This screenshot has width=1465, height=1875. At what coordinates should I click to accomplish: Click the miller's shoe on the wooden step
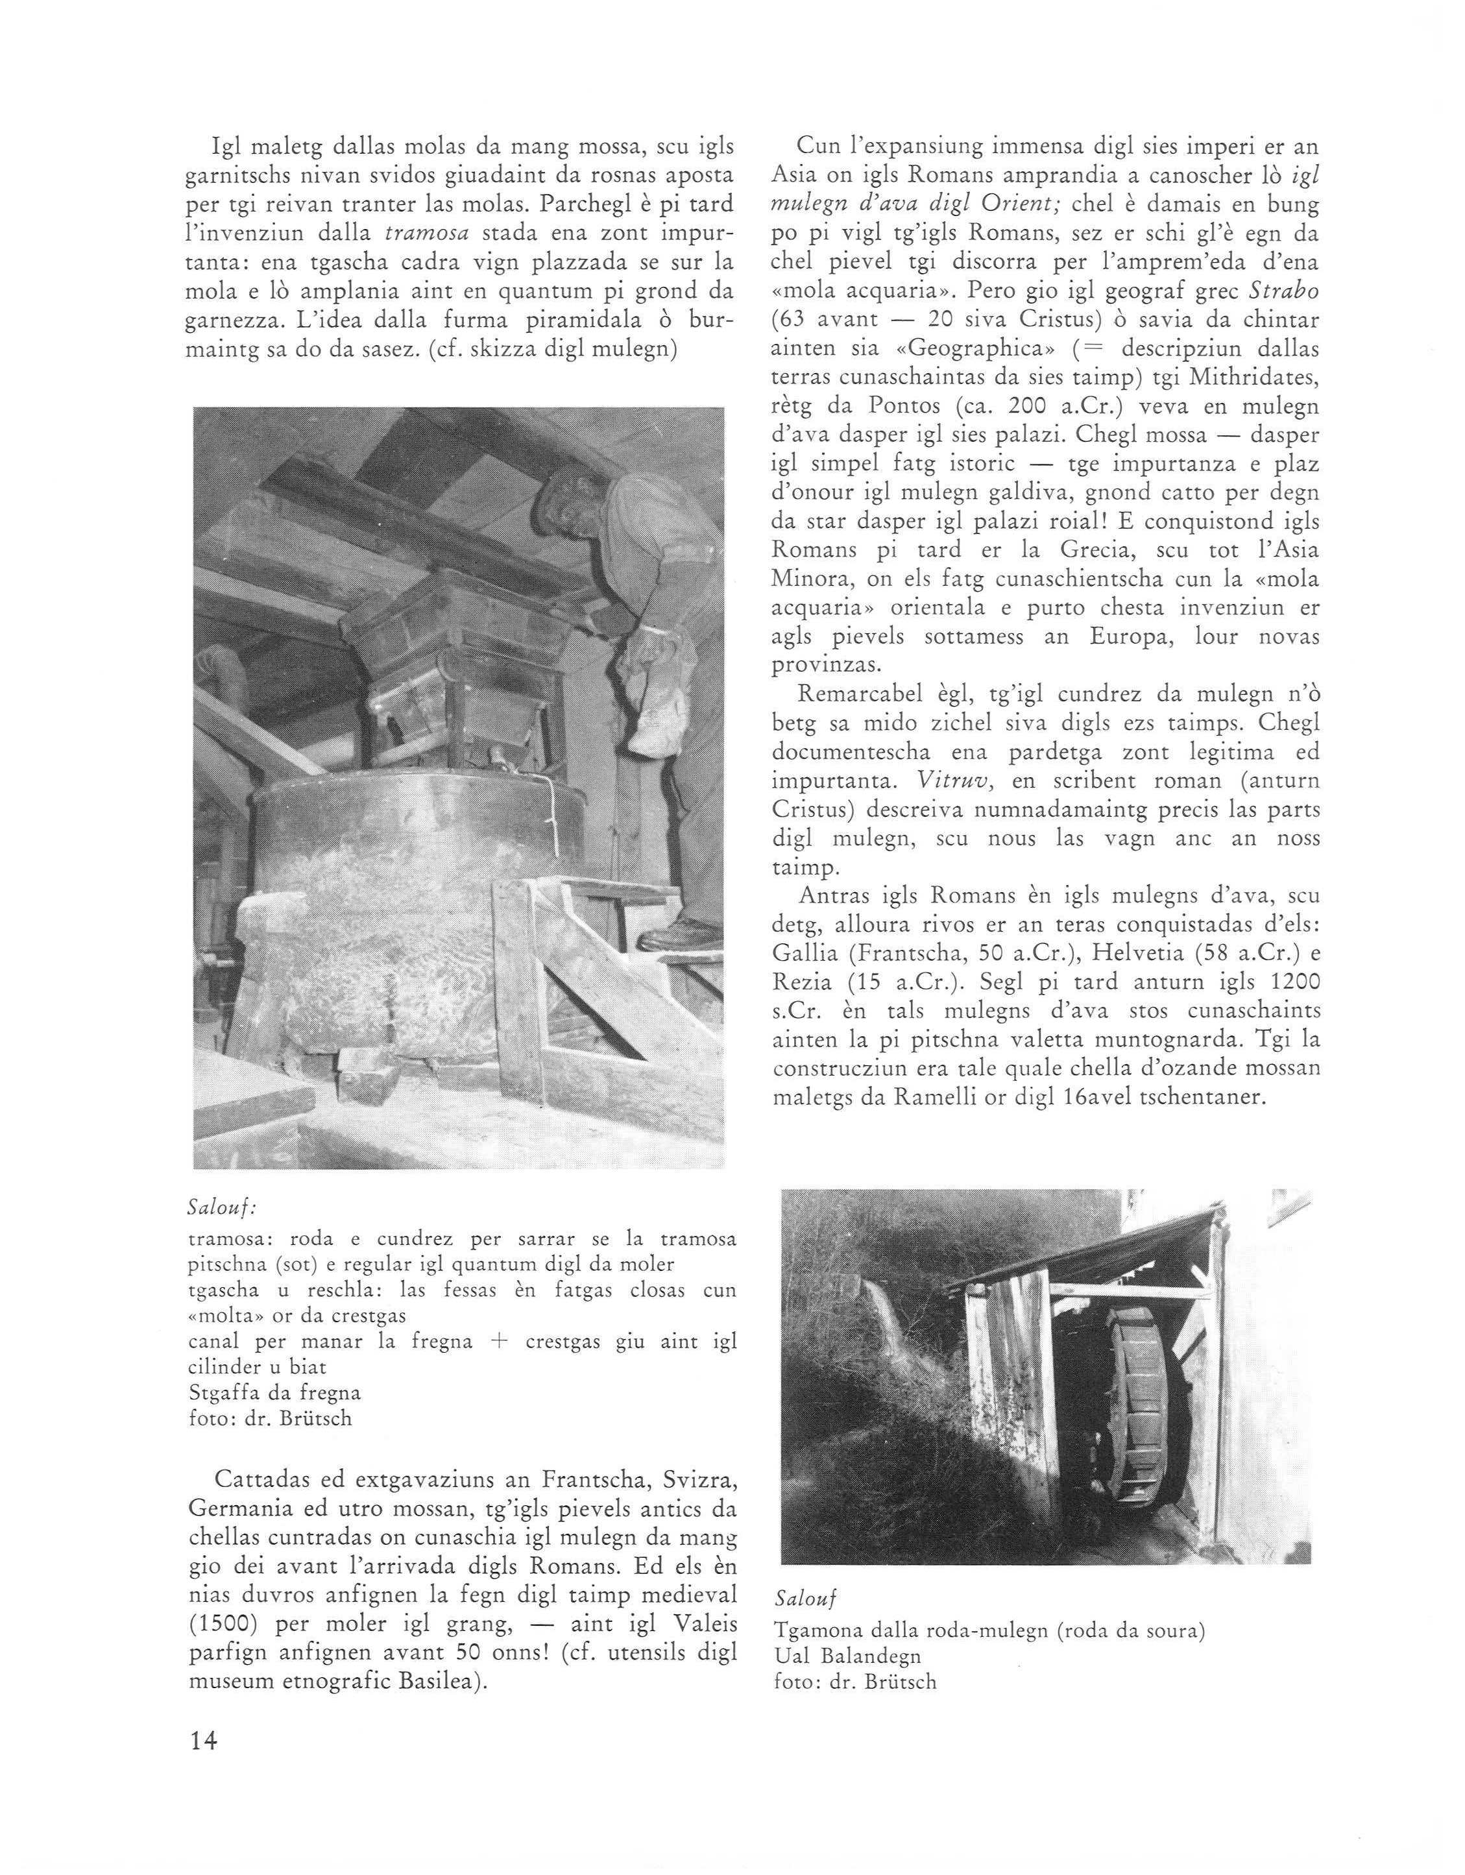click(679, 932)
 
